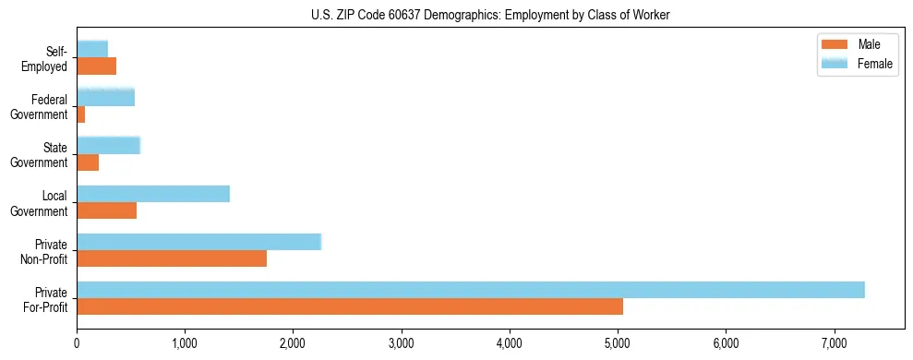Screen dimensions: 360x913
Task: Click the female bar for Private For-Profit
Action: coord(471,290)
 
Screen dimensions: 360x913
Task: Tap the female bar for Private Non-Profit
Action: coord(198,242)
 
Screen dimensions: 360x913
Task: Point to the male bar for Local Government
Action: coord(107,210)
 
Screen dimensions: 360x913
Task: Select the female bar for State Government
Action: coord(108,145)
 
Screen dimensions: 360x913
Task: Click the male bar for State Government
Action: coord(88,162)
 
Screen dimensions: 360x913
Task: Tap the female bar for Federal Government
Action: coord(105,97)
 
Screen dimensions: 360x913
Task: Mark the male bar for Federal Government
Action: coord(81,114)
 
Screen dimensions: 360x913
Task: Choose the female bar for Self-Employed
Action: coord(92,49)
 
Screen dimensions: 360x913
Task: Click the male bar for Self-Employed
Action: coord(97,66)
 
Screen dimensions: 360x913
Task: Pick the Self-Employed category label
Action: coord(48,58)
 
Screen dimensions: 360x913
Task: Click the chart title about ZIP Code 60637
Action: coord(489,14)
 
